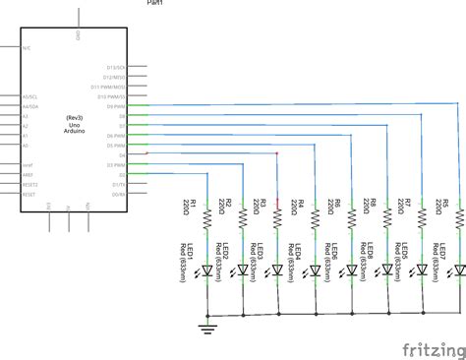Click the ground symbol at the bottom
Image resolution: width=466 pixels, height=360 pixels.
point(207,325)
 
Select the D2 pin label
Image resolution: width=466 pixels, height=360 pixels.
point(122,174)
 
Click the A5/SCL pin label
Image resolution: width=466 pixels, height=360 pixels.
point(29,96)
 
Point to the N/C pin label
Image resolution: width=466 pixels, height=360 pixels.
point(27,47)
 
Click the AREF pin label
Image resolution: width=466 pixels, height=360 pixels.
point(28,174)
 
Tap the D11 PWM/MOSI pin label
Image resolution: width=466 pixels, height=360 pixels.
point(116,87)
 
